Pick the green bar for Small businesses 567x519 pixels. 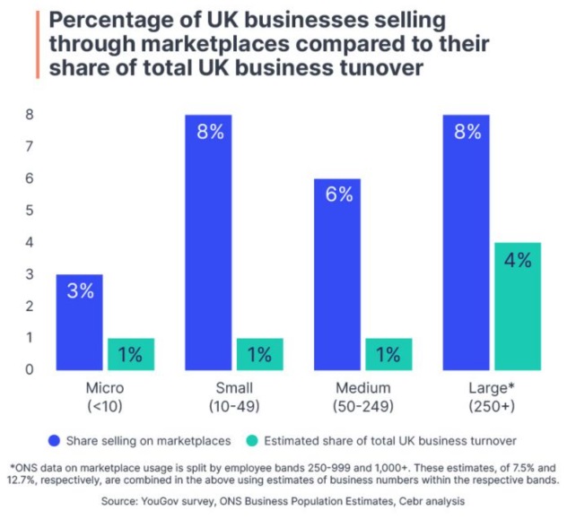(x=259, y=354)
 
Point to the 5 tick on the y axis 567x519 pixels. (x=29, y=210)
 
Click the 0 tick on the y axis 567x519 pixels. (x=29, y=369)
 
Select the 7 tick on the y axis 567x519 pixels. (x=29, y=146)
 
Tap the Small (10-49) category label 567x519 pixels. (x=235, y=396)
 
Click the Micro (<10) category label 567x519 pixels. (x=104, y=396)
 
